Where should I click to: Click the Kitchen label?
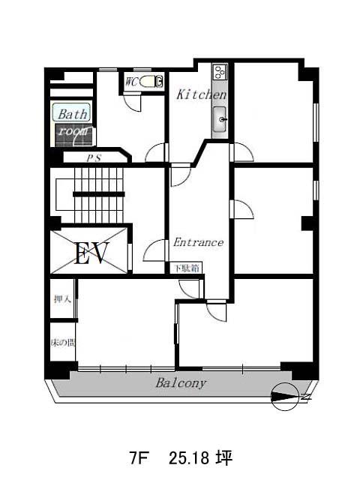(x=202, y=94)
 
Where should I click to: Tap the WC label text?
(x=132, y=82)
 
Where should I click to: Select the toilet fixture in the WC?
(x=151, y=82)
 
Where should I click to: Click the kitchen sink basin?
(x=220, y=119)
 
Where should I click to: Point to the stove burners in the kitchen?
(x=220, y=73)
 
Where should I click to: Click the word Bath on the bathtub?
(x=73, y=114)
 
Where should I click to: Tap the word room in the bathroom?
(x=73, y=132)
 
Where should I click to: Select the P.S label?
(x=93, y=158)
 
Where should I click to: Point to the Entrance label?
(x=198, y=242)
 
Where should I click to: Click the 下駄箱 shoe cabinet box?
(x=187, y=268)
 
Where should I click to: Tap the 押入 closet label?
(x=62, y=299)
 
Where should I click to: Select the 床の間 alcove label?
(x=63, y=343)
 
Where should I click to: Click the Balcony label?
(x=181, y=383)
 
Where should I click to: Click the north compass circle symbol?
(x=285, y=397)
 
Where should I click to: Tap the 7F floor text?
(x=138, y=458)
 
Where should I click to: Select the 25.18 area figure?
(x=189, y=458)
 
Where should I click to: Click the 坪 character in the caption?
(x=225, y=458)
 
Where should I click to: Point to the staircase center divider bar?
(x=98, y=194)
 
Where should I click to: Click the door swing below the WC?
(x=133, y=102)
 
